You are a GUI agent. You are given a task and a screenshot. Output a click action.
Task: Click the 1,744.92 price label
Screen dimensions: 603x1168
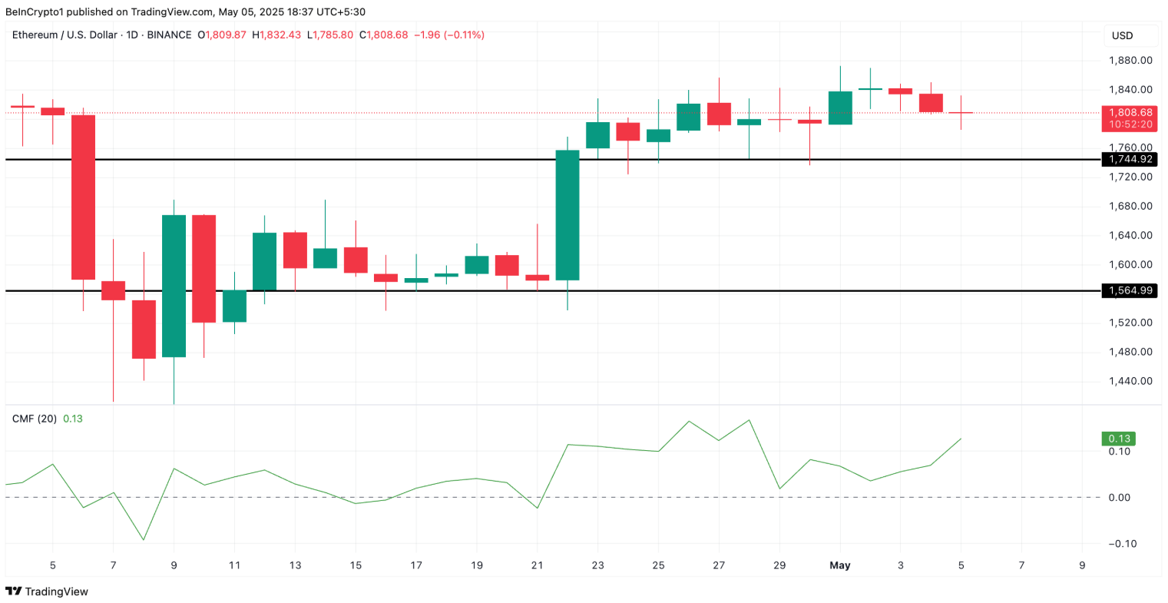(1129, 159)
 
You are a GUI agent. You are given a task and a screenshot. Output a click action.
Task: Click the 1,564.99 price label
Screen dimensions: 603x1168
(1129, 290)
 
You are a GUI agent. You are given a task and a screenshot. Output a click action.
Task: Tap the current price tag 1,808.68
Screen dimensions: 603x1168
(1129, 113)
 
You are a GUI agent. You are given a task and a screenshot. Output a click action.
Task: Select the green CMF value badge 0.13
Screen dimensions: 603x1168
(1118, 439)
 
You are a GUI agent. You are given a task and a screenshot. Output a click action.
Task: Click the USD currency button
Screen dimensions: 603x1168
(1122, 35)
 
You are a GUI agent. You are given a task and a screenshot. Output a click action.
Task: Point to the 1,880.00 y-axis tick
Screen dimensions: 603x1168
(1130, 60)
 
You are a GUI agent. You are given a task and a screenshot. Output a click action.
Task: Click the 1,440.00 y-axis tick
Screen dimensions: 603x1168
(1130, 381)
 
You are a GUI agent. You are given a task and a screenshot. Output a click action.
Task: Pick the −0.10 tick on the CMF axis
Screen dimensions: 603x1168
(1122, 544)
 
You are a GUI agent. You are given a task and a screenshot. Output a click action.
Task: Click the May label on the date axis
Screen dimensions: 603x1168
(839, 565)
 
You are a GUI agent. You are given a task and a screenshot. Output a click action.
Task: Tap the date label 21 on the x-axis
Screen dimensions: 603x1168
(537, 565)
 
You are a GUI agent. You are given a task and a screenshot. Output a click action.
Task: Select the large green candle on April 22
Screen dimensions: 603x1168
(567, 215)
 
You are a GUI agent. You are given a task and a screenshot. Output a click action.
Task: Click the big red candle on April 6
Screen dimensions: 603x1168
(83, 197)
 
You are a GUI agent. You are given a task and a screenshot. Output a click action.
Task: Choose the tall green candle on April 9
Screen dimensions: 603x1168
(174, 286)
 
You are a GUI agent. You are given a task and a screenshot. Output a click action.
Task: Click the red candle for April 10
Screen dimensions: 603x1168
(203, 269)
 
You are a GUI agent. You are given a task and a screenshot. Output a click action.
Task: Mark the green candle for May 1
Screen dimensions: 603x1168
(840, 108)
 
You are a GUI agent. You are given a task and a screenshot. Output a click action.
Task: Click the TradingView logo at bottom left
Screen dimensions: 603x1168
(47, 591)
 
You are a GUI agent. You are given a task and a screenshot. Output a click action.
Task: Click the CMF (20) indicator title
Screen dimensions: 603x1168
(34, 419)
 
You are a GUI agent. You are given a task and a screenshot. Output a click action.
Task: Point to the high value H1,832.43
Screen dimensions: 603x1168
(281, 35)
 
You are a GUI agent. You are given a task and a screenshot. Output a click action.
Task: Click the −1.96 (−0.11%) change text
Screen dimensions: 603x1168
(449, 35)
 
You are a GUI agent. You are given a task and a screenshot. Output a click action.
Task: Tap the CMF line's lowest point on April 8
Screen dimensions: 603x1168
(144, 539)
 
